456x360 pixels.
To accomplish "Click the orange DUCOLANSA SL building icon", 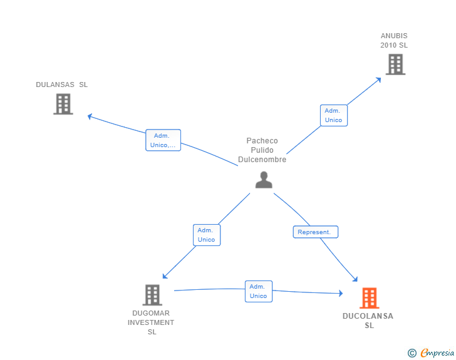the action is pos(370,298).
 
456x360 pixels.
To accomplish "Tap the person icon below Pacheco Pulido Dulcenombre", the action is pos(264,180).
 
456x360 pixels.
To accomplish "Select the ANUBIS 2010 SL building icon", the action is pos(395,64).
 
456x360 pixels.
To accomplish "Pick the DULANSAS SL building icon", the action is pos(63,104).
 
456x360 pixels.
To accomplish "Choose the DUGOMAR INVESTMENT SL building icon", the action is pos(152,295).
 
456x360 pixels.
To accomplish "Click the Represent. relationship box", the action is pos(316,232).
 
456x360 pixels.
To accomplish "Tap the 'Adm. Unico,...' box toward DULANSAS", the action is pos(163,140).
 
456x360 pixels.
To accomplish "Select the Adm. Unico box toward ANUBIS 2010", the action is pos(334,115).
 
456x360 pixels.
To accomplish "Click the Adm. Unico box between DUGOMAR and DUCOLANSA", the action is pos(259,291).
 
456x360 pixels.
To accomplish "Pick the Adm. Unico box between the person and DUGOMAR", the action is pos(207,235).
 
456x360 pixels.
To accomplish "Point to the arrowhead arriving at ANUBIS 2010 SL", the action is pos(378,80).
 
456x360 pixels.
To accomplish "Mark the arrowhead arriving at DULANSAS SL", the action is pos(90,116).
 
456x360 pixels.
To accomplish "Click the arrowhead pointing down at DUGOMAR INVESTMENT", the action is pos(165,276).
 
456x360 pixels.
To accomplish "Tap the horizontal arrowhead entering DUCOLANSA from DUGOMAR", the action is pos(341,293).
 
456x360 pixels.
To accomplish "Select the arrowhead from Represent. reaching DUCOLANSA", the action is pos(355,279).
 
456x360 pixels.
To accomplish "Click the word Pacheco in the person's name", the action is pos(262,141).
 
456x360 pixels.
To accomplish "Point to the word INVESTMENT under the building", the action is pos(151,322).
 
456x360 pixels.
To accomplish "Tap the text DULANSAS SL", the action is pos(61,85).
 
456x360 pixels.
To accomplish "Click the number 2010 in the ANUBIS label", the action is pos(388,45).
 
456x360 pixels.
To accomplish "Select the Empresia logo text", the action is pos(437,352).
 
